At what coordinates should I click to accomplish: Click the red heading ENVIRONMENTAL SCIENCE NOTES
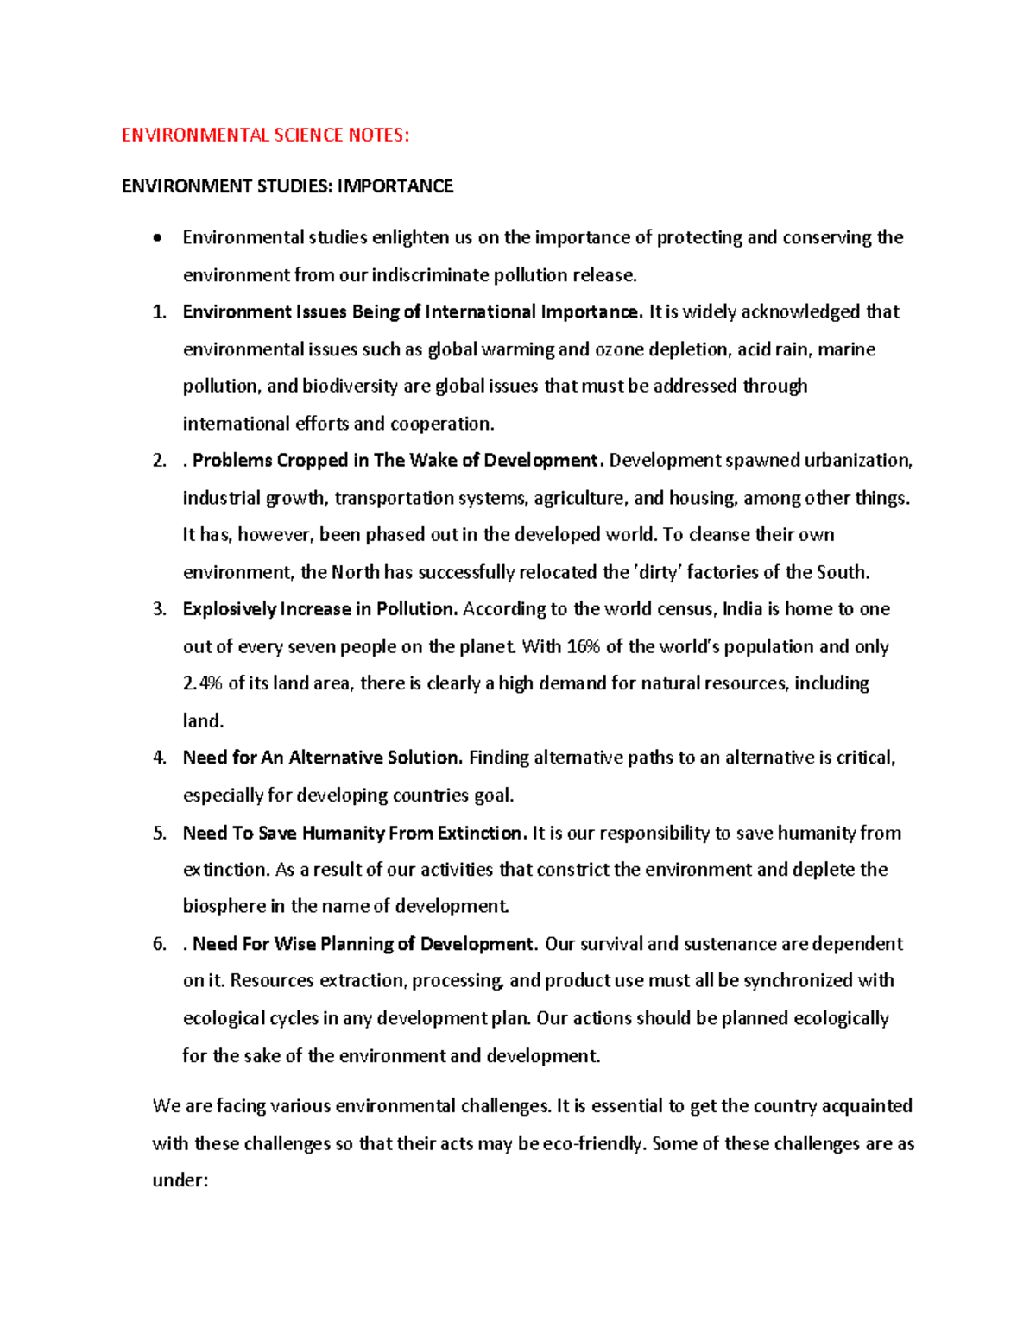(x=265, y=135)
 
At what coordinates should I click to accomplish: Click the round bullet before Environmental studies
(x=156, y=238)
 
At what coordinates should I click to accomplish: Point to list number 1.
(x=159, y=312)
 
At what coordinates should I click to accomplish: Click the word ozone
(x=619, y=349)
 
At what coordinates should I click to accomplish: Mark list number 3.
(x=159, y=609)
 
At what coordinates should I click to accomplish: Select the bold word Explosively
(x=230, y=609)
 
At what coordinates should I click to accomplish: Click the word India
(x=742, y=609)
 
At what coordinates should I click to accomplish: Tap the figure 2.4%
(x=203, y=683)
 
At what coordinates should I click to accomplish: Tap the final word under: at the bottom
(x=180, y=1180)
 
